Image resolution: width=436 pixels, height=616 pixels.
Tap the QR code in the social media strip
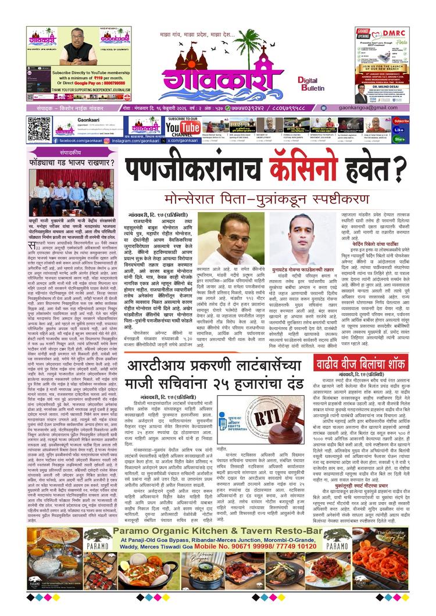pyautogui.click(x=39, y=129)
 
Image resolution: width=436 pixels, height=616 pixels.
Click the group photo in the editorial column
pyautogui.click(x=72, y=192)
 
